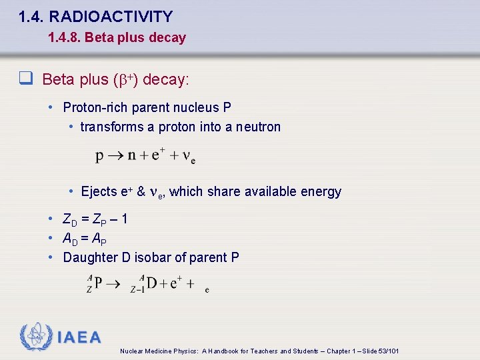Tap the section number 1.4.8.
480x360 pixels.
click(x=64, y=38)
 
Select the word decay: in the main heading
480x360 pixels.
click(x=166, y=80)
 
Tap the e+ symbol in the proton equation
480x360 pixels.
click(x=159, y=155)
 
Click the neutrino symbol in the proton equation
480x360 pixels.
click(x=188, y=157)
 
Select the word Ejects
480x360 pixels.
click(x=99, y=192)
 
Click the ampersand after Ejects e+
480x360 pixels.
click(x=141, y=192)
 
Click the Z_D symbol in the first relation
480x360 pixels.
click(x=69, y=219)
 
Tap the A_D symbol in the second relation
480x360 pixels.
click(x=69, y=239)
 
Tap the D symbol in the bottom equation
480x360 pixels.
click(x=151, y=283)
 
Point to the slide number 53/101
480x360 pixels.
click(x=387, y=351)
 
